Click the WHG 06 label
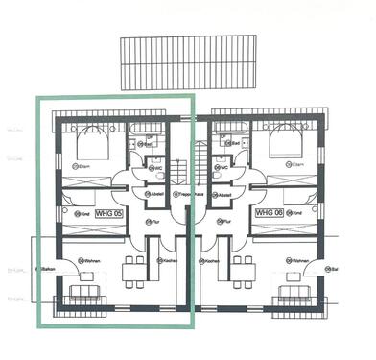tap(267, 212)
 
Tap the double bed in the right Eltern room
tap(285, 145)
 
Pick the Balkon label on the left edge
tap(46, 271)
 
